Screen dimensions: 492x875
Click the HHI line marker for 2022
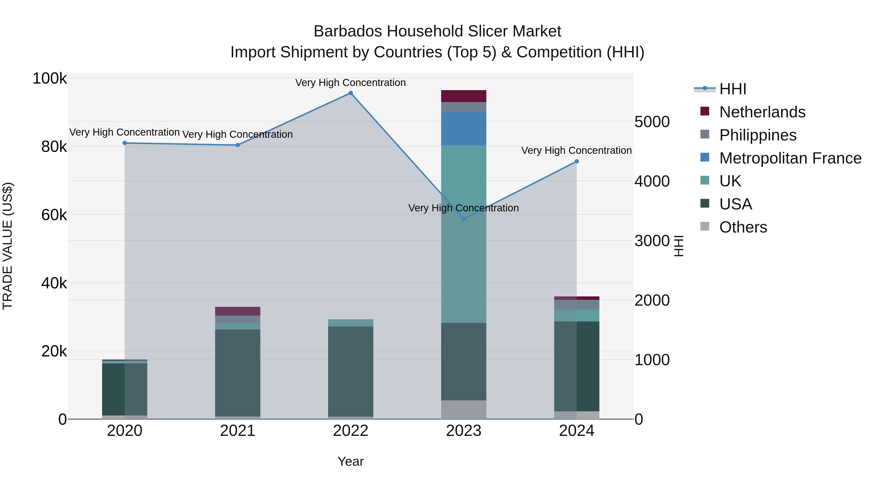click(350, 93)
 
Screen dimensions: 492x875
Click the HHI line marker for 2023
click(464, 219)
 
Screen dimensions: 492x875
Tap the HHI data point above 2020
click(125, 143)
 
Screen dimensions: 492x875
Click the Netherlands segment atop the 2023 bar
click(464, 96)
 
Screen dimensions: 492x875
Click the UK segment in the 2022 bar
click(350, 323)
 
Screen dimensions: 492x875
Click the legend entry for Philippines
click(757, 135)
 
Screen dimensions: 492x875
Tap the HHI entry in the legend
click(733, 89)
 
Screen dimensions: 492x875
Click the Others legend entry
click(743, 227)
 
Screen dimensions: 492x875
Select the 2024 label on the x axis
click(577, 431)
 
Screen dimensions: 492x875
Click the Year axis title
click(350, 461)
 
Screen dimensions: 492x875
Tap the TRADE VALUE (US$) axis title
click(8, 246)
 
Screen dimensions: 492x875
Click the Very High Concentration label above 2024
click(577, 150)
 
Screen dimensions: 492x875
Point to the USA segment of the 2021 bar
click(237, 373)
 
